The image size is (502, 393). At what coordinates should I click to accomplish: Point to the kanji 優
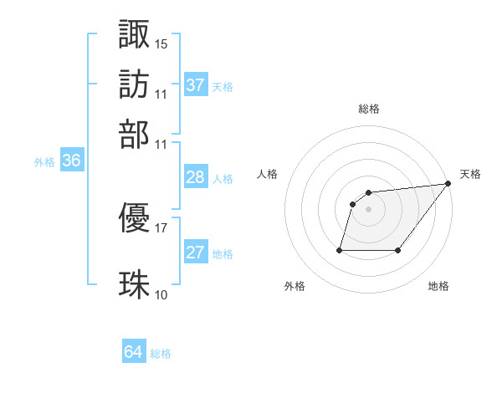point(134,219)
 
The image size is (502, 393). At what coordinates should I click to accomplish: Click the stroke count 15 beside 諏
point(161,43)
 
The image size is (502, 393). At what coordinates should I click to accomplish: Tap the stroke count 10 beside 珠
point(161,294)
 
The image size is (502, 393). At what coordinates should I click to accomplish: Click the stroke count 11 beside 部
point(161,142)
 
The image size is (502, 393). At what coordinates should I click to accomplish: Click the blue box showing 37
point(195,85)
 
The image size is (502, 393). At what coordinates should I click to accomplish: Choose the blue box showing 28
point(195,177)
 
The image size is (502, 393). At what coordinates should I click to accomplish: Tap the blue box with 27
point(195,253)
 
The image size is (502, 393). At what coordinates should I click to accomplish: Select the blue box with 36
point(71,161)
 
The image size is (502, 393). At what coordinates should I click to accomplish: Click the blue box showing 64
point(133,353)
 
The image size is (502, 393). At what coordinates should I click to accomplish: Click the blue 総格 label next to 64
point(161,354)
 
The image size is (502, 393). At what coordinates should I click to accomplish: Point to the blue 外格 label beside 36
point(44,162)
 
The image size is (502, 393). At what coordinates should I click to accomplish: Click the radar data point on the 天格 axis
point(448,184)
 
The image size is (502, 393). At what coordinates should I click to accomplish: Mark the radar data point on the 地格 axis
point(398,250)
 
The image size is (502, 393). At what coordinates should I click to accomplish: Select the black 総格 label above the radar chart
point(368,109)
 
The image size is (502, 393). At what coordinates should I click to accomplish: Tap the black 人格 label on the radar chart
point(268,174)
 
